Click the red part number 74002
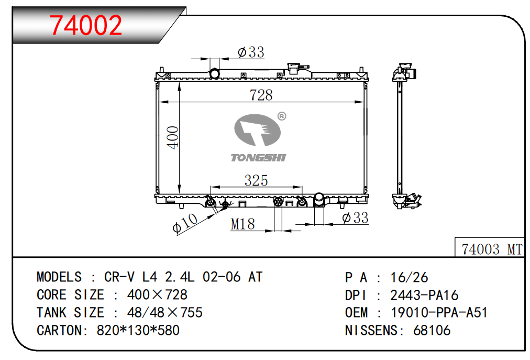[x=86, y=25]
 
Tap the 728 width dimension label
[x=261, y=95]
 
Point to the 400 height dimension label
[x=173, y=137]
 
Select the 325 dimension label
[x=256, y=180]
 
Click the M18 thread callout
[x=242, y=224]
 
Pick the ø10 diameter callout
[x=184, y=223]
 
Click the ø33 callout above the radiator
[x=251, y=52]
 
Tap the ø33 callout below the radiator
[x=355, y=217]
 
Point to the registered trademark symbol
[x=282, y=116]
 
